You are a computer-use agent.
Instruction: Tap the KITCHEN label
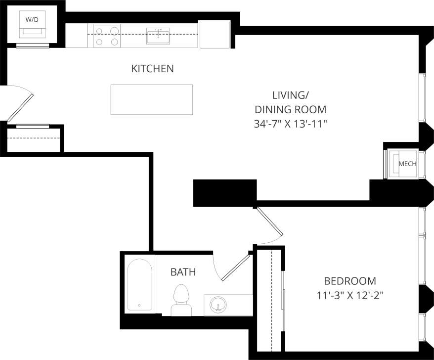coord(152,69)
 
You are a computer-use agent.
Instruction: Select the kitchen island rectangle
coord(151,99)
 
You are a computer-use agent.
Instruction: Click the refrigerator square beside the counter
coord(215,34)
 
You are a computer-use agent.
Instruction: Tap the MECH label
coord(407,164)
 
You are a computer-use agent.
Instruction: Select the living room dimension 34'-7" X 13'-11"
coord(291,125)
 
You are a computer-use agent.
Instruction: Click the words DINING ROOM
coord(291,110)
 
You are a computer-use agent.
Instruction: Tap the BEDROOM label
coord(349,281)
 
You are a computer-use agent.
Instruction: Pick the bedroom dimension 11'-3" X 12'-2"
coord(350,296)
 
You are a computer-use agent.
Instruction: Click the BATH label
coord(183,272)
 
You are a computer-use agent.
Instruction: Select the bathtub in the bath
coord(140,285)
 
